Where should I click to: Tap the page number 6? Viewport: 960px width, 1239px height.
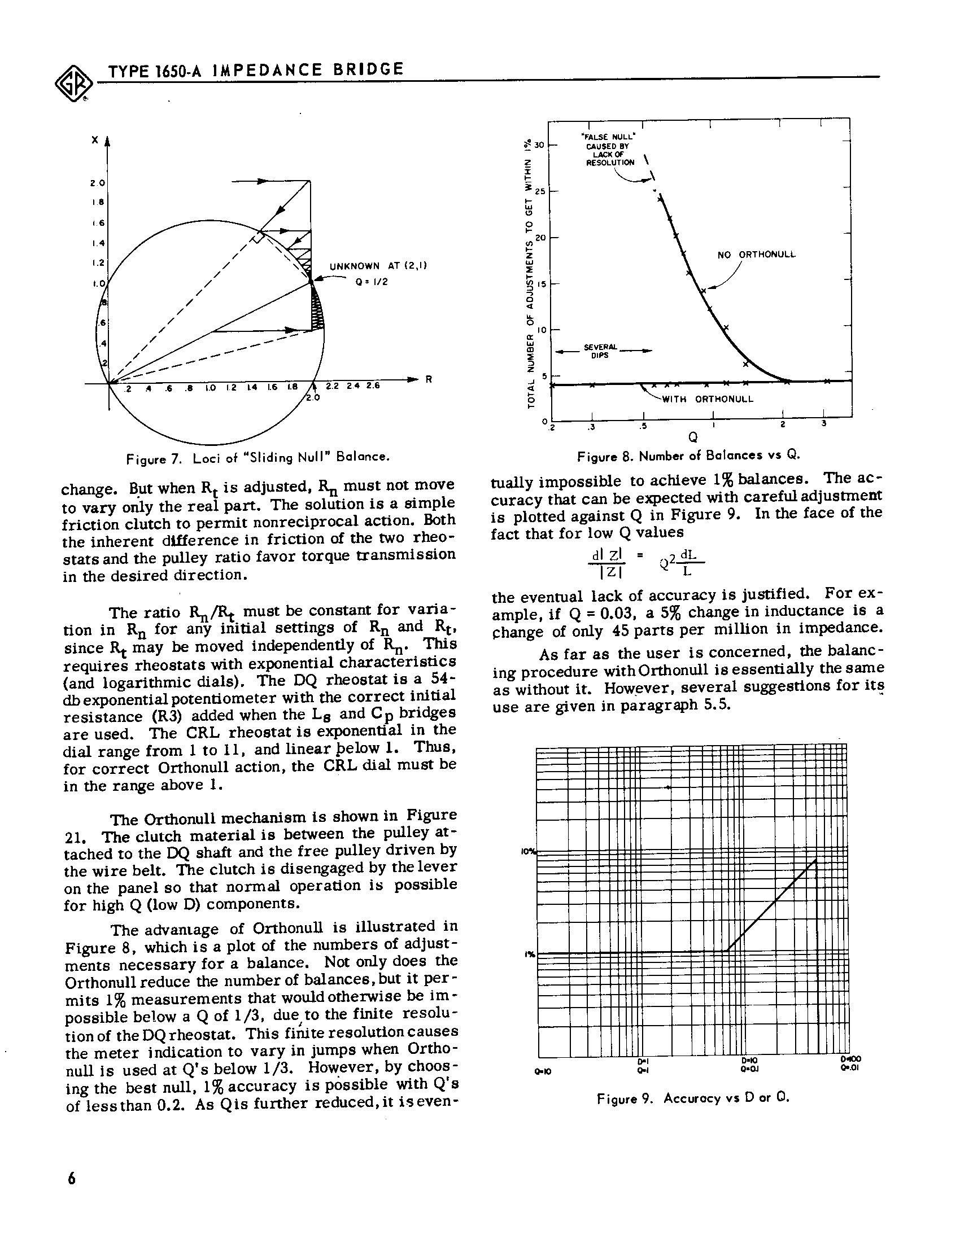tap(72, 1178)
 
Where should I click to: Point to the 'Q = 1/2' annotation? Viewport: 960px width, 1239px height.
tap(372, 282)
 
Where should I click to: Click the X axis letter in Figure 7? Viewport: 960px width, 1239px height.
tap(94, 139)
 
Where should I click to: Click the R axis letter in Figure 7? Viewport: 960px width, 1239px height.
tap(429, 379)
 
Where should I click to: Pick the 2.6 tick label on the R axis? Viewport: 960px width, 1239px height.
tap(372, 386)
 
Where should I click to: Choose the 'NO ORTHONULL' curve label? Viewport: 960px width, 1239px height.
tap(756, 255)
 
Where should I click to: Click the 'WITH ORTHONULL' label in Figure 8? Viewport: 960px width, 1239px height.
tap(708, 399)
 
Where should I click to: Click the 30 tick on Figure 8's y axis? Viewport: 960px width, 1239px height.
tap(539, 145)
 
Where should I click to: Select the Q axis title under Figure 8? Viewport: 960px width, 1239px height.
tap(692, 437)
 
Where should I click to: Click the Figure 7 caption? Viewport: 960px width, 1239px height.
tap(258, 457)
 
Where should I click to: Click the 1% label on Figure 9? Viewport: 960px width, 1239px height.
tap(530, 954)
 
